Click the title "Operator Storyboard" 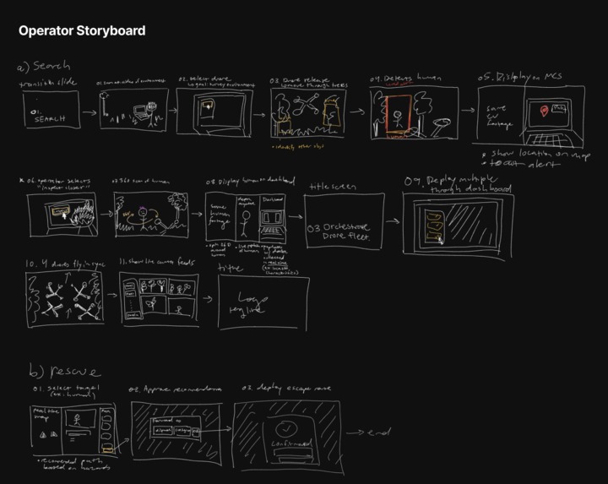[x=82, y=30]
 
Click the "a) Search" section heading [x=43, y=66]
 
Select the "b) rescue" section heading [x=64, y=372]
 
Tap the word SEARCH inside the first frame [x=50, y=120]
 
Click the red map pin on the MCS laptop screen [x=555, y=111]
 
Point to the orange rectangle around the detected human [x=398, y=114]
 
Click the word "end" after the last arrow [x=381, y=432]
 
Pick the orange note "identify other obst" [x=299, y=145]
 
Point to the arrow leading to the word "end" [x=355, y=432]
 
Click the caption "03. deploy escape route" [x=275, y=389]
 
